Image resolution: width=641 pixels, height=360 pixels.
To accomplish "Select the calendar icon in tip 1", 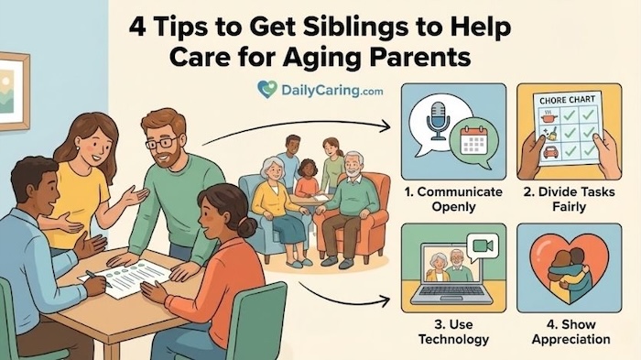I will (x=475, y=140).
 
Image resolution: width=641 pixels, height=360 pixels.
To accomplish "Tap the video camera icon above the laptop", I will (x=479, y=246).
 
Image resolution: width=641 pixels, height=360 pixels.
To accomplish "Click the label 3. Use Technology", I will (x=448, y=332).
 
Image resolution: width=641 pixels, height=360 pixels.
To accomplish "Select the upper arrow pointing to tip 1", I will (x=302, y=128).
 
